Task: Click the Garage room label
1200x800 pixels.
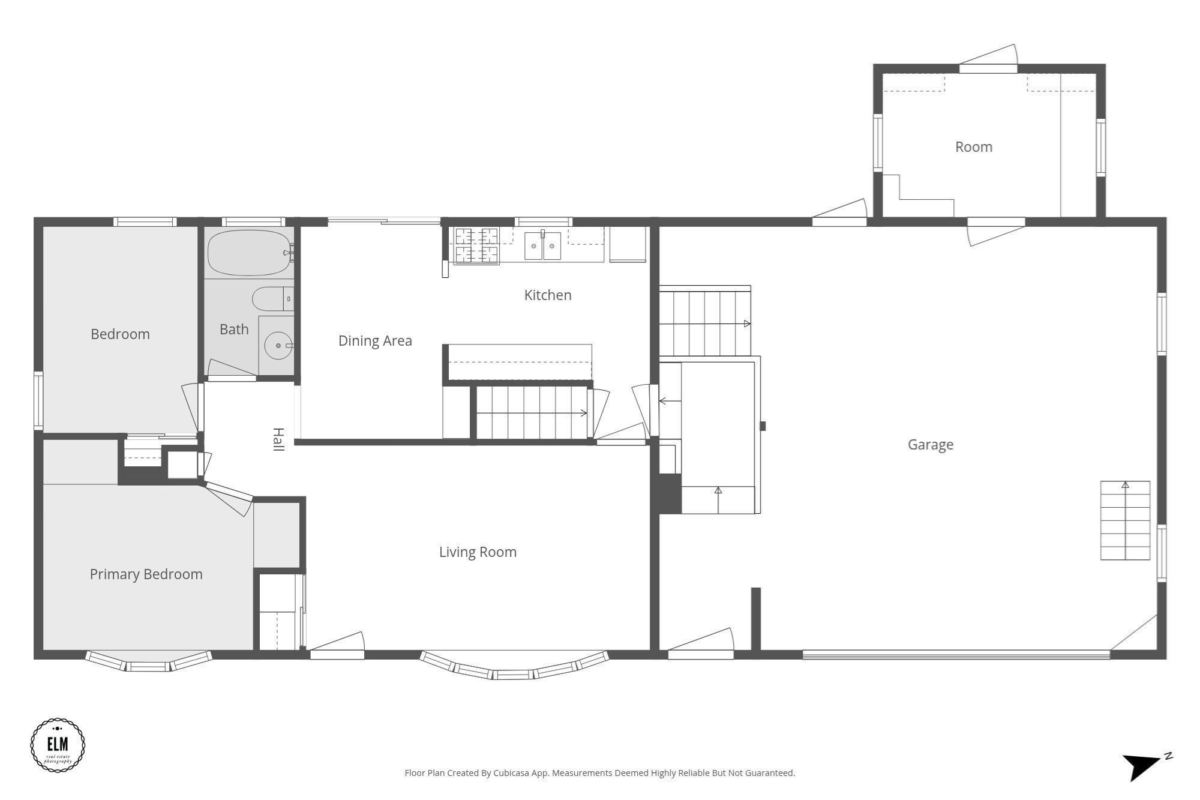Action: click(x=930, y=445)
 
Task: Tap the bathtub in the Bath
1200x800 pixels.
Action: click(x=249, y=252)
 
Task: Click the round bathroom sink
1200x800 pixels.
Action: click(x=278, y=346)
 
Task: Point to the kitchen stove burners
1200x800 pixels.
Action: click(x=476, y=245)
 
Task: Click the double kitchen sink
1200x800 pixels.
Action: click(x=542, y=245)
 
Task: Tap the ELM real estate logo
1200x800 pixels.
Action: click(x=58, y=745)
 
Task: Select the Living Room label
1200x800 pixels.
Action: click(x=478, y=552)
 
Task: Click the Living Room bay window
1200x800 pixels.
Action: click(x=514, y=667)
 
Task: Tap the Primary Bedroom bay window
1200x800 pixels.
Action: click(x=149, y=663)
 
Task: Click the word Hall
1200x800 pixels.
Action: click(x=278, y=439)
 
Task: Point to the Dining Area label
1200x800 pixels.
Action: click(x=375, y=341)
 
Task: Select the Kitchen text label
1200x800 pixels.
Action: click(x=547, y=295)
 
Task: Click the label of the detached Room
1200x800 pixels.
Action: click(x=973, y=147)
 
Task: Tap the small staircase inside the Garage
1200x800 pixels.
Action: click(x=1124, y=520)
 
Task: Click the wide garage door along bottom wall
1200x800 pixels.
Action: click(x=956, y=654)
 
